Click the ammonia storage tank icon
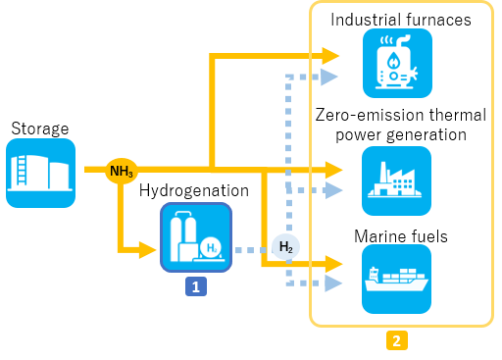pyautogui.click(x=40, y=173)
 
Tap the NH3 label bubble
pyautogui.click(x=122, y=171)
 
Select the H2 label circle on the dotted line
pyautogui.click(x=285, y=246)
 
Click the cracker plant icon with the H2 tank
pyautogui.click(x=196, y=236)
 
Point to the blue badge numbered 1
pyautogui.click(x=196, y=286)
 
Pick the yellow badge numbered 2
pyautogui.click(x=396, y=340)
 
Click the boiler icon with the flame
pyautogui.click(x=397, y=63)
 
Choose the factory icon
pyautogui.click(x=396, y=180)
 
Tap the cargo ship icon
pyautogui.click(x=396, y=279)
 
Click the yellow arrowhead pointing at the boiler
pyautogui.click(x=330, y=56)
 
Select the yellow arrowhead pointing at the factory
pyautogui.click(x=333, y=170)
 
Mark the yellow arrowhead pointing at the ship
pyautogui.click(x=333, y=264)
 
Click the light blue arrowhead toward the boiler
pyautogui.click(x=329, y=77)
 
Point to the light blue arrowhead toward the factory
pyautogui.click(x=333, y=190)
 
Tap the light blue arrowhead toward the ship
pyautogui.click(x=333, y=283)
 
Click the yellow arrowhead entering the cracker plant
pyautogui.click(x=147, y=250)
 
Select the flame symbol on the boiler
pyautogui.click(x=393, y=61)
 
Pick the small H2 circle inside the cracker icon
pyautogui.click(x=210, y=248)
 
